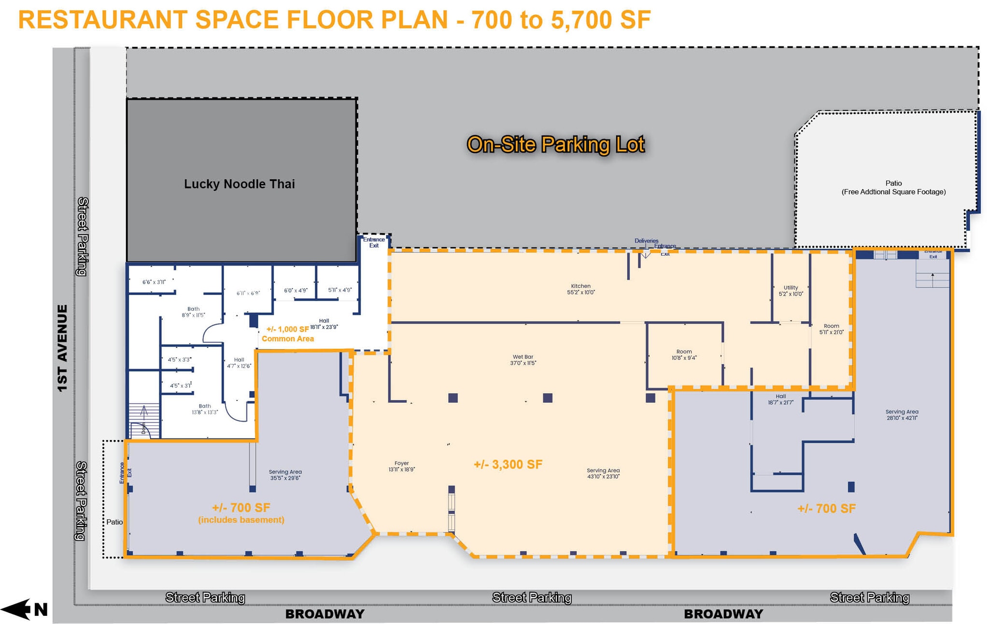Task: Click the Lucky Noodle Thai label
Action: coord(239,184)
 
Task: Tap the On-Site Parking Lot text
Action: coord(555,144)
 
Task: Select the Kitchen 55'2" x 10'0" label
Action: coord(580,289)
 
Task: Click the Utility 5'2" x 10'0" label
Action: coord(791,291)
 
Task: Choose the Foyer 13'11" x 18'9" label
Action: coord(401,466)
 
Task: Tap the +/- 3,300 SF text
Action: coord(508,465)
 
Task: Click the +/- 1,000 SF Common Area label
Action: coord(287,334)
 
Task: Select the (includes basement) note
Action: coord(241,520)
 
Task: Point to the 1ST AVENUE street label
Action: coord(62,348)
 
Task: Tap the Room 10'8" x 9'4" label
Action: coord(684,355)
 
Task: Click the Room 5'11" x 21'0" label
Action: coord(831,329)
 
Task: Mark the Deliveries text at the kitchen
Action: coord(646,241)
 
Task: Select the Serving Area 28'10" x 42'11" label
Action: coord(902,415)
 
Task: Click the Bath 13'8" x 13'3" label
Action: coord(205,409)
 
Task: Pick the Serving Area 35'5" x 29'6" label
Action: coord(285,475)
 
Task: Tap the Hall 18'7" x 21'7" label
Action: coord(780,399)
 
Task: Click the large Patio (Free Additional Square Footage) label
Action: coord(893,187)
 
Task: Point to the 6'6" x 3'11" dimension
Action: coord(154,282)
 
